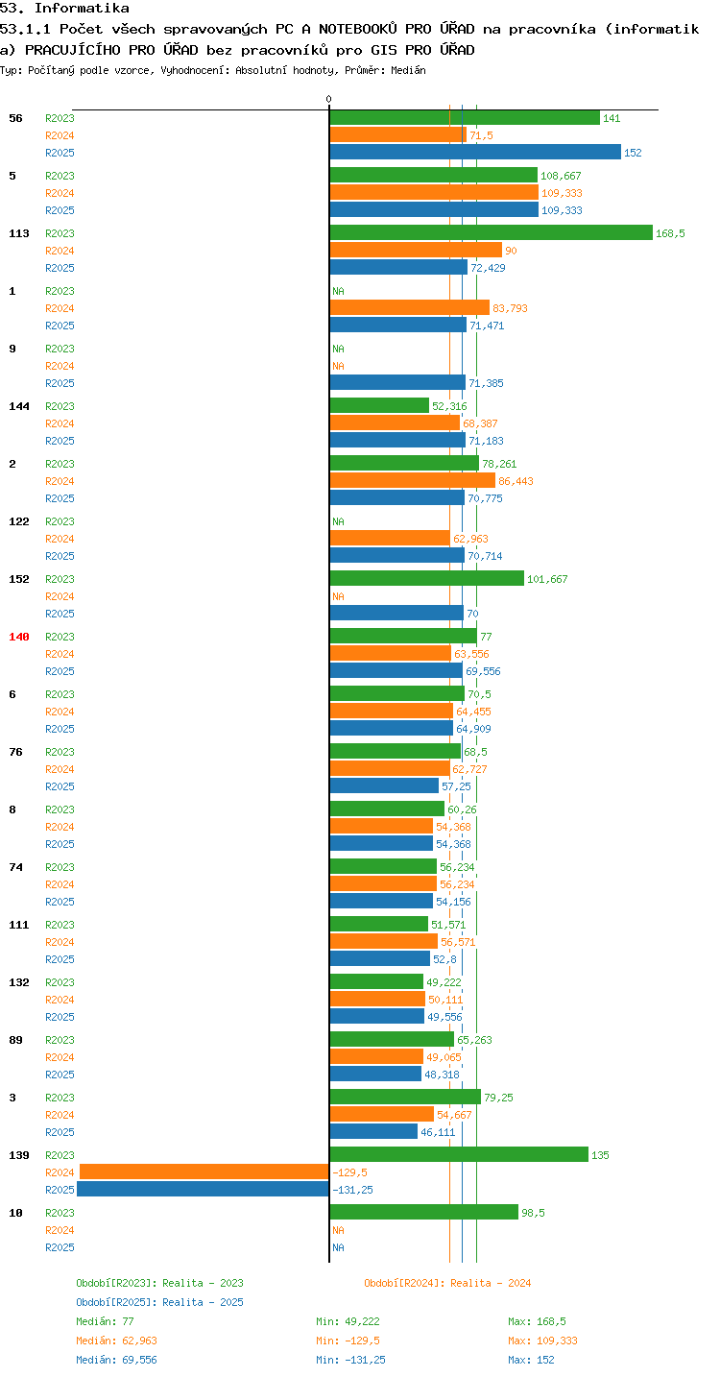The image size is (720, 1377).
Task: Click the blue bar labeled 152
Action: point(475,152)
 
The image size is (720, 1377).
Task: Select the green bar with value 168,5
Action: point(491,232)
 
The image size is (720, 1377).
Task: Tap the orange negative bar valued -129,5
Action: point(204,1172)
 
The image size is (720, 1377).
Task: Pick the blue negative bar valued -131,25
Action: point(203,1189)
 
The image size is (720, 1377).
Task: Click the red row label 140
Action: point(19,637)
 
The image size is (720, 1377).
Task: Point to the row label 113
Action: point(19,233)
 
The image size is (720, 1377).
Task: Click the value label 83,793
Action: point(510,308)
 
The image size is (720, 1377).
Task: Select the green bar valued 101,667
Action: point(427,578)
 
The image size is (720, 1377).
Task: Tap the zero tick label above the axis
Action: point(328,99)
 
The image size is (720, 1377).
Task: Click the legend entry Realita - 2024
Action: point(447,1283)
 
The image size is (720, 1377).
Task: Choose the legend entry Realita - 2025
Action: point(159,1302)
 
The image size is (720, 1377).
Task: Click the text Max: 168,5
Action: point(537,1321)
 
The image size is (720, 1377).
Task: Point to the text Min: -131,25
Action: point(350,1360)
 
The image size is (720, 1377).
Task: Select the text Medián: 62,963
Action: point(117,1341)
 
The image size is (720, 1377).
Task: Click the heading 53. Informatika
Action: point(64,8)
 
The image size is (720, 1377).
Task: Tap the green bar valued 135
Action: point(459,1154)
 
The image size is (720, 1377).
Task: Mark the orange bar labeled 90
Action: point(416,250)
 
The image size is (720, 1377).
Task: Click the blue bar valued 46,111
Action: point(373,1131)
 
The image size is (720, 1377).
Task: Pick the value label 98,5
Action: point(533,1213)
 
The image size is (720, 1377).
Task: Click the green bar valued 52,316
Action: point(379,405)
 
